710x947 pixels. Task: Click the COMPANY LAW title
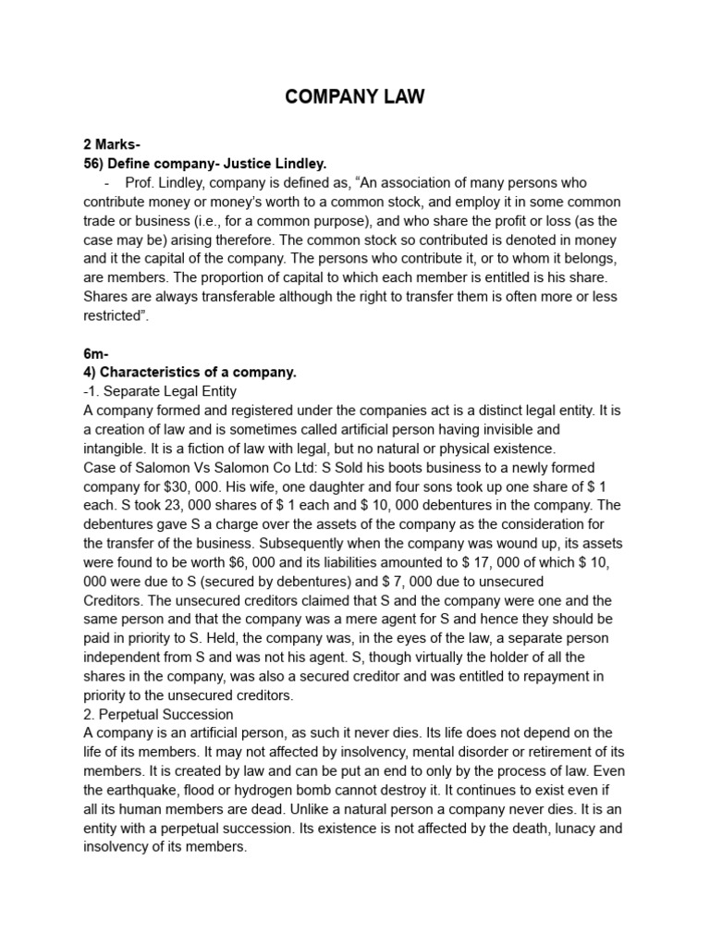pos(355,97)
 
